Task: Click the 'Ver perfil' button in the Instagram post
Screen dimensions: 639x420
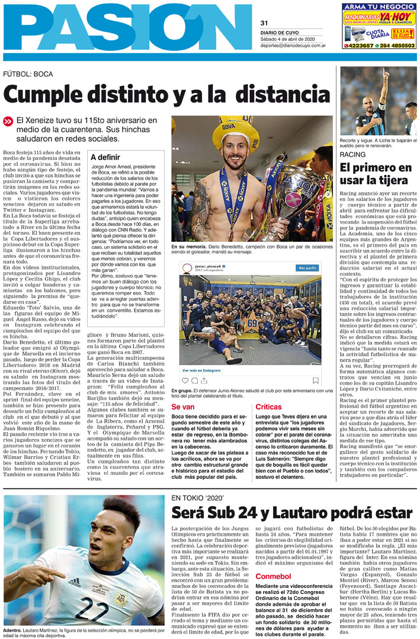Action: pyautogui.click(x=307, y=268)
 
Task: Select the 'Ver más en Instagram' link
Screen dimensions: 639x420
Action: pyautogui.click(x=201, y=369)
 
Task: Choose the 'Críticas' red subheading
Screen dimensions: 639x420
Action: pyautogui.click(x=268, y=407)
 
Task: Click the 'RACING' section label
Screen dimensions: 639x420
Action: pyautogui.click(x=352, y=155)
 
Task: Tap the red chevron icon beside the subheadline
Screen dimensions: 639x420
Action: pyautogui.click(x=8, y=121)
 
